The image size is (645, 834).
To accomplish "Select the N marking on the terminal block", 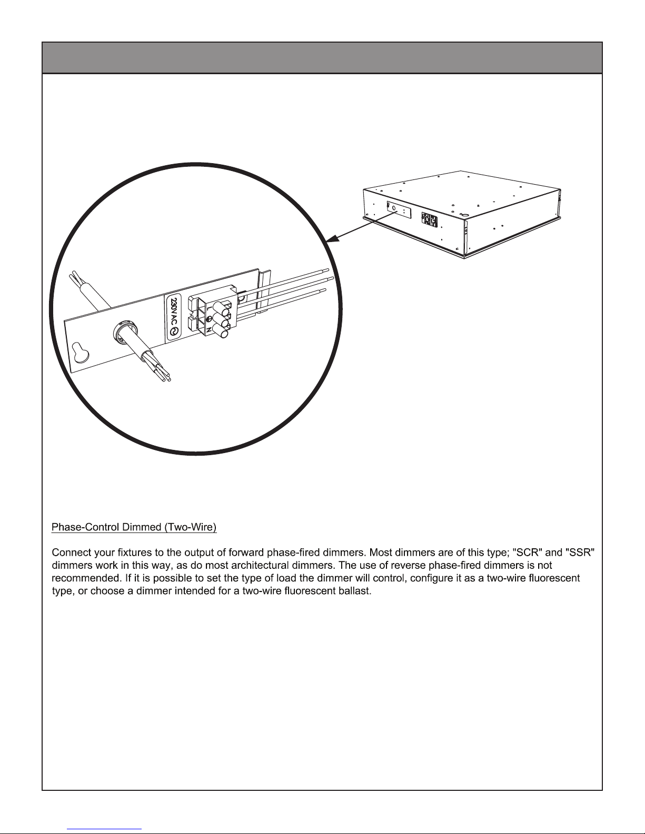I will (209, 329).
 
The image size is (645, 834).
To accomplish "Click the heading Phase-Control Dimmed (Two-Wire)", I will (134, 527).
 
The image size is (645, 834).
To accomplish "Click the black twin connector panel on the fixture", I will (429, 219).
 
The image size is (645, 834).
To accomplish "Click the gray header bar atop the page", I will (322, 57).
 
